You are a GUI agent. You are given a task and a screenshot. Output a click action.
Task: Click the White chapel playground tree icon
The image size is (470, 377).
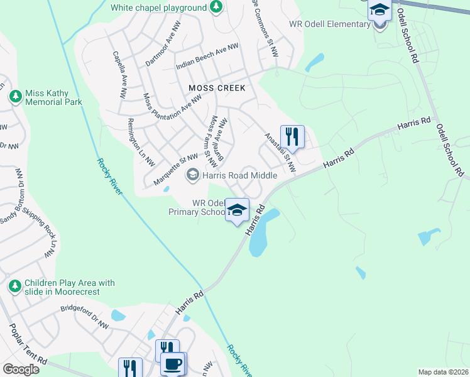click(x=216, y=8)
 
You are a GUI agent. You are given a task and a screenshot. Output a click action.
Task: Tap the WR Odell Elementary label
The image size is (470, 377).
click(x=329, y=25)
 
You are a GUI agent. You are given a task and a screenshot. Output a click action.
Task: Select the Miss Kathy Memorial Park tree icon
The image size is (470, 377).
click(x=16, y=97)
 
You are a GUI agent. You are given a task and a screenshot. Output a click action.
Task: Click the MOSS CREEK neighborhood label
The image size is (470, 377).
click(x=217, y=88)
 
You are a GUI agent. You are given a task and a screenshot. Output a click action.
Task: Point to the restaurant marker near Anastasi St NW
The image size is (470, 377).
click(x=292, y=136)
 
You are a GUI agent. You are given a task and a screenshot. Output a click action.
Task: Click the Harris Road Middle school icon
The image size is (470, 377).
click(x=193, y=175)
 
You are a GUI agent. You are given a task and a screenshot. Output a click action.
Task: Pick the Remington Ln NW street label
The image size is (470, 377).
click(x=141, y=142)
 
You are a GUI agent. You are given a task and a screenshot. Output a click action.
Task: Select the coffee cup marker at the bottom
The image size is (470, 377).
click(x=173, y=363)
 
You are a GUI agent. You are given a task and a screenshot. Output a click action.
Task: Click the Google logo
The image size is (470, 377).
click(x=21, y=369)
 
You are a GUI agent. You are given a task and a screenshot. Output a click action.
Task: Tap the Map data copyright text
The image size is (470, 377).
click(x=443, y=372)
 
